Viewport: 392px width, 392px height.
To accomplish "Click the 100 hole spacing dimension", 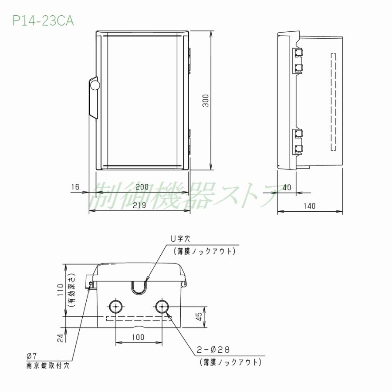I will (x=139, y=337).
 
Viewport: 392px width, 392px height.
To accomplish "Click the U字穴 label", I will (x=180, y=239).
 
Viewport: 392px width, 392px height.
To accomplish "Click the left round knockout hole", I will (x=115, y=307).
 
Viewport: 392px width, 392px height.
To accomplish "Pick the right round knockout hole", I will (x=162, y=307).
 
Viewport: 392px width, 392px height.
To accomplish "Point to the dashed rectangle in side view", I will (x=334, y=102).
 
